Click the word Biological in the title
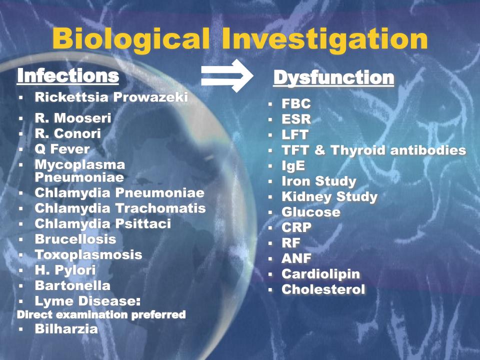click(x=131, y=39)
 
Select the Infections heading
click(x=68, y=75)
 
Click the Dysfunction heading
click(x=333, y=77)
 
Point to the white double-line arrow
click(x=227, y=75)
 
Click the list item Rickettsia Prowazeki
click(x=111, y=97)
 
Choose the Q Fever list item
click(x=62, y=149)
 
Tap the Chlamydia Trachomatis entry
click(x=120, y=208)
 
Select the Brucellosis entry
click(x=75, y=239)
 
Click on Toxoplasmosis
click(x=88, y=254)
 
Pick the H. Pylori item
click(x=65, y=270)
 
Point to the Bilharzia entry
click(x=66, y=329)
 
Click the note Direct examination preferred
click(x=101, y=314)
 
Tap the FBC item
click(x=296, y=103)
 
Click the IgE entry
click(x=293, y=166)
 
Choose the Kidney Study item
click(x=329, y=196)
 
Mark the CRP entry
click(x=296, y=227)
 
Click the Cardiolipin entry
click(x=321, y=274)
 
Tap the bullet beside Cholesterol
click(x=270, y=289)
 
